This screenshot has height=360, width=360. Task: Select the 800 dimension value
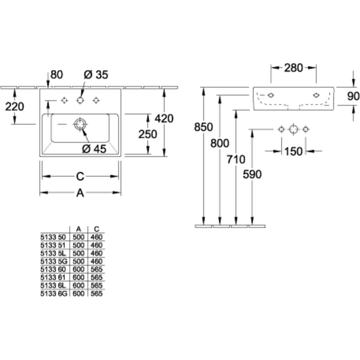click(219, 143)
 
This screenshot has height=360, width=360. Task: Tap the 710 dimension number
click(236, 160)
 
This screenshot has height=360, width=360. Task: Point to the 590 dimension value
click(252, 174)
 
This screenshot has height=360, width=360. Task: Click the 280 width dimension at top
click(294, 68)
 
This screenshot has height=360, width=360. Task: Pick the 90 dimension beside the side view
click(353, 96)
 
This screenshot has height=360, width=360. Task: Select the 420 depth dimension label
click(164, 119)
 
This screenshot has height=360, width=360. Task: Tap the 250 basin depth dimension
click(148, 134)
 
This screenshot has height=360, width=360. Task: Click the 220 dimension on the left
click(15, 106)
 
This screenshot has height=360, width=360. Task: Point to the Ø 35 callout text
click(96, 74)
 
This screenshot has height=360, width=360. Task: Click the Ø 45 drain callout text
click(94, 149)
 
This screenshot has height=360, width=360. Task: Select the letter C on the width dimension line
click(80, 176)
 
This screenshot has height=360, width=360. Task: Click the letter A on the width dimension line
click(80, 193)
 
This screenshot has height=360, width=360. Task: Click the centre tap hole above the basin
click(80, 100)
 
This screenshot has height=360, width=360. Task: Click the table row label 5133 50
click(53, 237)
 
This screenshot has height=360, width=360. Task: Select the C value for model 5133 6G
click(96, 293)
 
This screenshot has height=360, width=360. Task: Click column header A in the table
click(78, 229)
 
